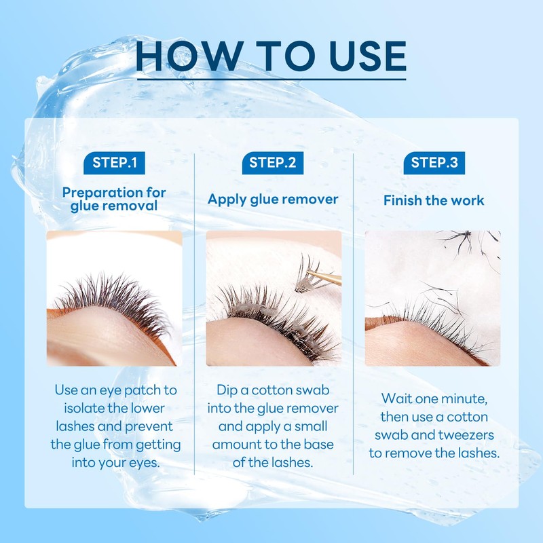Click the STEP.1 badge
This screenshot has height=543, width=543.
click(113, 162)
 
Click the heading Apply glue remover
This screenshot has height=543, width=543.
click(272, 200)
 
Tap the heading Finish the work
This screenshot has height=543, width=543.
click(434, 200)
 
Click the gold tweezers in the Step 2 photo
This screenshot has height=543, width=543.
click(326, 278)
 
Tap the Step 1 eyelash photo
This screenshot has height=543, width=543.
click(114, 299)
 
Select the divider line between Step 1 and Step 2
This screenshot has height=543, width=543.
click(195, 312)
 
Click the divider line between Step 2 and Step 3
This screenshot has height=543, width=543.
click(353, 312)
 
